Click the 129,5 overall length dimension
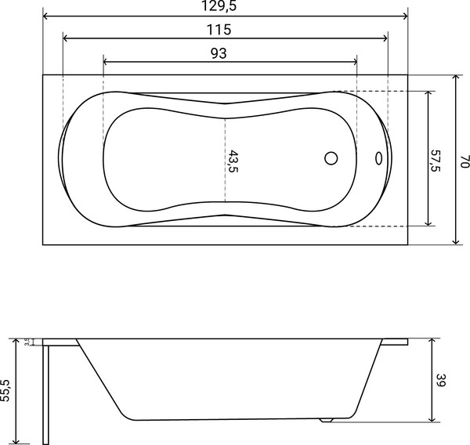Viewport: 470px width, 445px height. point(224,6)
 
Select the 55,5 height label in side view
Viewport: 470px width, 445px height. point(6,389)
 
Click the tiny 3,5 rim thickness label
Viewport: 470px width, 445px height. point(27,342)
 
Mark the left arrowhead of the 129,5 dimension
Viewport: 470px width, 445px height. point(45,16)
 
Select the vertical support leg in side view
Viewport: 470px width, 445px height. point(49,392)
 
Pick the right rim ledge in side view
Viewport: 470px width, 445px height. point(396,342)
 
